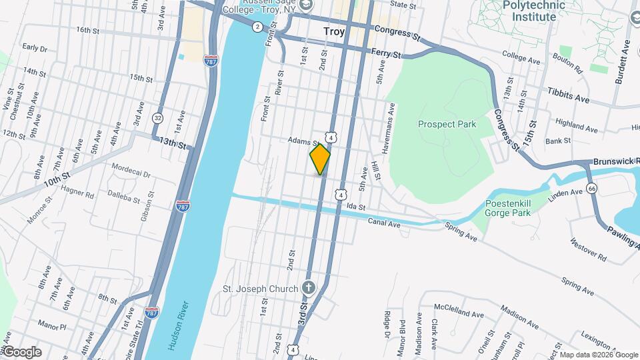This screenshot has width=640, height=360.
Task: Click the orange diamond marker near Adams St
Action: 320,159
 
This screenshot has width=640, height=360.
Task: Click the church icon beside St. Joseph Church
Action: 307,289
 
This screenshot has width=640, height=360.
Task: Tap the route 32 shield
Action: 158,117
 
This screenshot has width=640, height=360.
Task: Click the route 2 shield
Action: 257,27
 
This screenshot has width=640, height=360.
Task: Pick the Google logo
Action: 22,352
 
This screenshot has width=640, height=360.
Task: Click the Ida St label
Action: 357,207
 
